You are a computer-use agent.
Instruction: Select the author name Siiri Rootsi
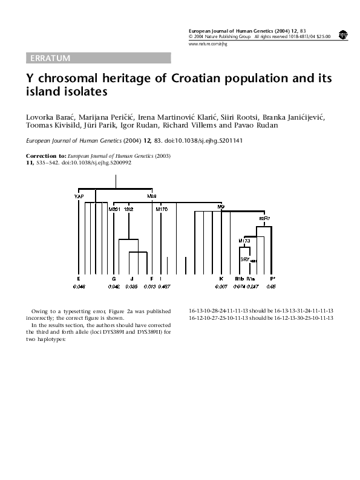click(x=220, y=116)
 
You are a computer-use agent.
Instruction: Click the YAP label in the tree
click(x=79, y=196)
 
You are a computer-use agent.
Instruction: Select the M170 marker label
click(x=162, y=209)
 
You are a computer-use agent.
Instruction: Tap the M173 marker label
click(x=244, y=241)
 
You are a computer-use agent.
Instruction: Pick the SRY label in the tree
click(x=246, y=259)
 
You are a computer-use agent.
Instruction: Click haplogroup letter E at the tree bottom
click(x=79, y=278)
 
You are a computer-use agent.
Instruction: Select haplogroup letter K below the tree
click(x=221, y=278)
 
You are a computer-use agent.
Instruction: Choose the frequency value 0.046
click(x=79, y=285)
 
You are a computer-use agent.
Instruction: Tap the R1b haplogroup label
click(x=239, y=278)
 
